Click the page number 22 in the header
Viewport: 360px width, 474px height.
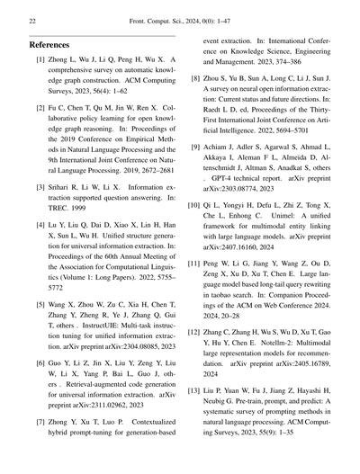tap(32, 19)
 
